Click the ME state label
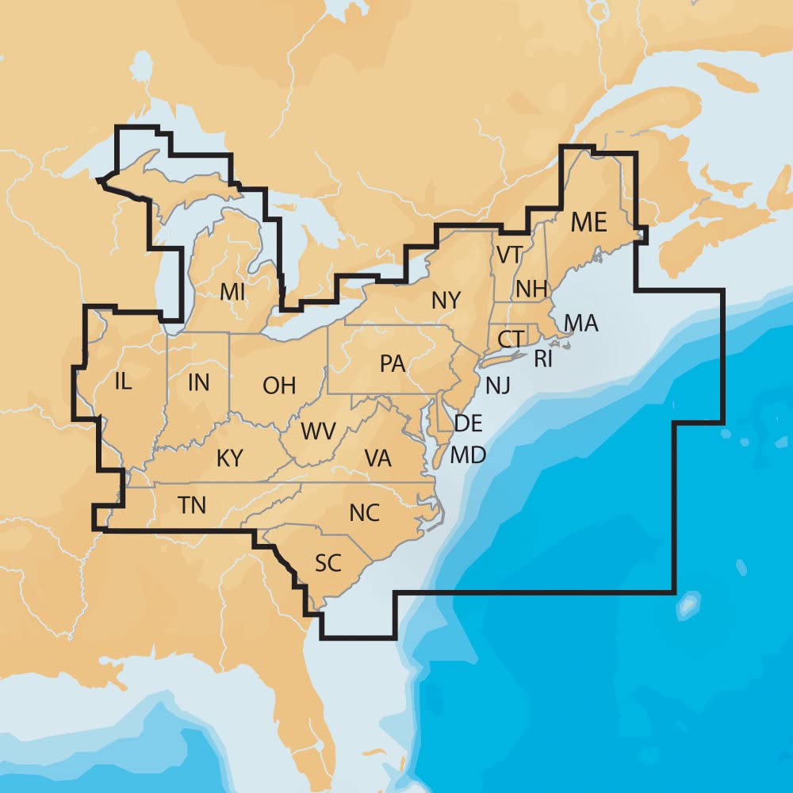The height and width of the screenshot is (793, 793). (588, 223)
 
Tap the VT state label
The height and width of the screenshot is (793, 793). (509, 255)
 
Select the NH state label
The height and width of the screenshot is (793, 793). (531, 289)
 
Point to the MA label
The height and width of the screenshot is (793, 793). (581, 323)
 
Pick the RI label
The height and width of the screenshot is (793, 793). (543, 359)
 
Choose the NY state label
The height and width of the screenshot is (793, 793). (446, 301)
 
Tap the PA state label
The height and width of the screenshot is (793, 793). (393, 364)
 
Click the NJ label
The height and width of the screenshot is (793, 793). (497, 385)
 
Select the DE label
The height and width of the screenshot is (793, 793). (469, 423)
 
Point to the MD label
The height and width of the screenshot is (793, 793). (469, 455)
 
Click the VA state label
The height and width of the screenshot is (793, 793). (377, 458)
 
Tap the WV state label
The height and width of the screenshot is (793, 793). (318, 432)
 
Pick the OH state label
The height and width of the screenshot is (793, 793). (279, 386)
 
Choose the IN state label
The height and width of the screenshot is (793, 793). (199, 383)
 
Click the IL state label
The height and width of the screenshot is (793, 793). (123, 381)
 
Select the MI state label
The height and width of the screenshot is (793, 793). (232, 292)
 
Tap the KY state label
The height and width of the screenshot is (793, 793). (229, 458)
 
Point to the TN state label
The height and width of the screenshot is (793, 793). (192, 505)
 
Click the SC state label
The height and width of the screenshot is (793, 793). (328, 564)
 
